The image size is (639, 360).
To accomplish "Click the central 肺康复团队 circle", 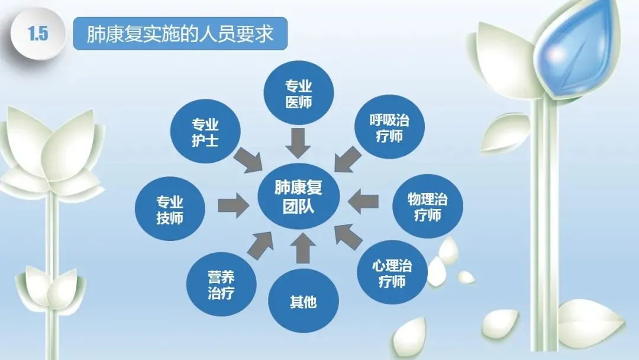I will click(x=298, y=199).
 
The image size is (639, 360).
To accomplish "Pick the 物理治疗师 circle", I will click(x=428, y=206).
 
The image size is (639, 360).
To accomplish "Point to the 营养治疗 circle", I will click(x=221, y=285).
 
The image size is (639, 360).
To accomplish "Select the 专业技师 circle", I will click(x=170, y=210).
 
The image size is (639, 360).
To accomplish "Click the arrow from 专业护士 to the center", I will click(x=248, y=159).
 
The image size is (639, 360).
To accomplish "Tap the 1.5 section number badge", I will click(x=38, y=34).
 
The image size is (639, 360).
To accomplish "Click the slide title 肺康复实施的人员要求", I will click(x=180, y=34).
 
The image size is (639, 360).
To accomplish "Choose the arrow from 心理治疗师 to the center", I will click(x=349, y=238).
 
